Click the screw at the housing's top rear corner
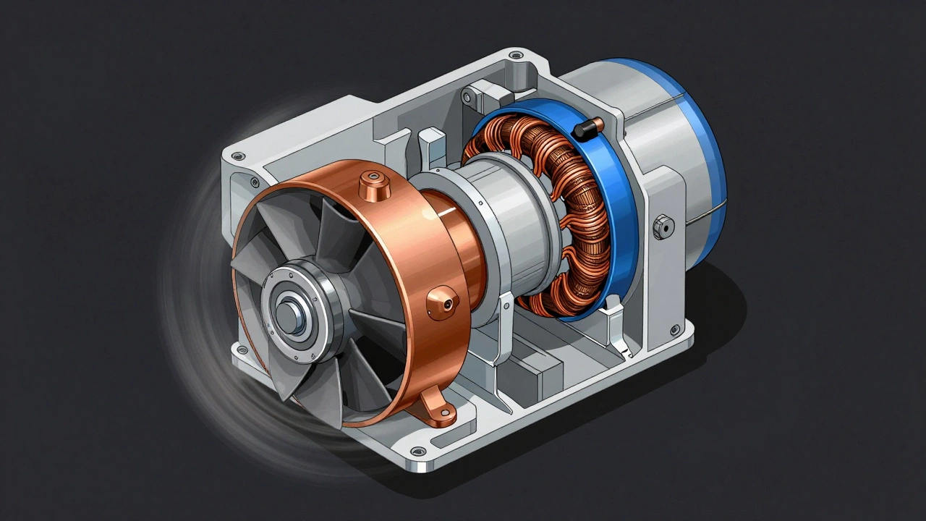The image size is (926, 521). click(x=514, y=55)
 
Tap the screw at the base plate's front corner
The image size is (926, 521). click(x=417, y=452)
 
